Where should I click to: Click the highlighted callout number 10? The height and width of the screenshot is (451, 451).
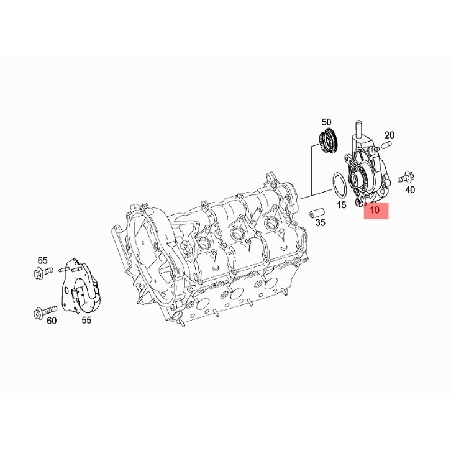point(375,210)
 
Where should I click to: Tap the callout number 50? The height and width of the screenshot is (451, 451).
point(326,122)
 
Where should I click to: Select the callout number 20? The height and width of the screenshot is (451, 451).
point(389,135)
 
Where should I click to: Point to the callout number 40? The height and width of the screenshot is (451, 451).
point(410,190)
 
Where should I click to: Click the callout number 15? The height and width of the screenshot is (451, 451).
point(342,205)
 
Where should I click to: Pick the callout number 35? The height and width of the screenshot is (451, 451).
point(320,222)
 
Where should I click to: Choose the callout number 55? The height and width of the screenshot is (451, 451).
point(86,320)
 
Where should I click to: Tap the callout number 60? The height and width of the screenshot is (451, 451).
point(52,321)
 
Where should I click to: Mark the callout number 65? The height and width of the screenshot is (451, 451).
point(42,260)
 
